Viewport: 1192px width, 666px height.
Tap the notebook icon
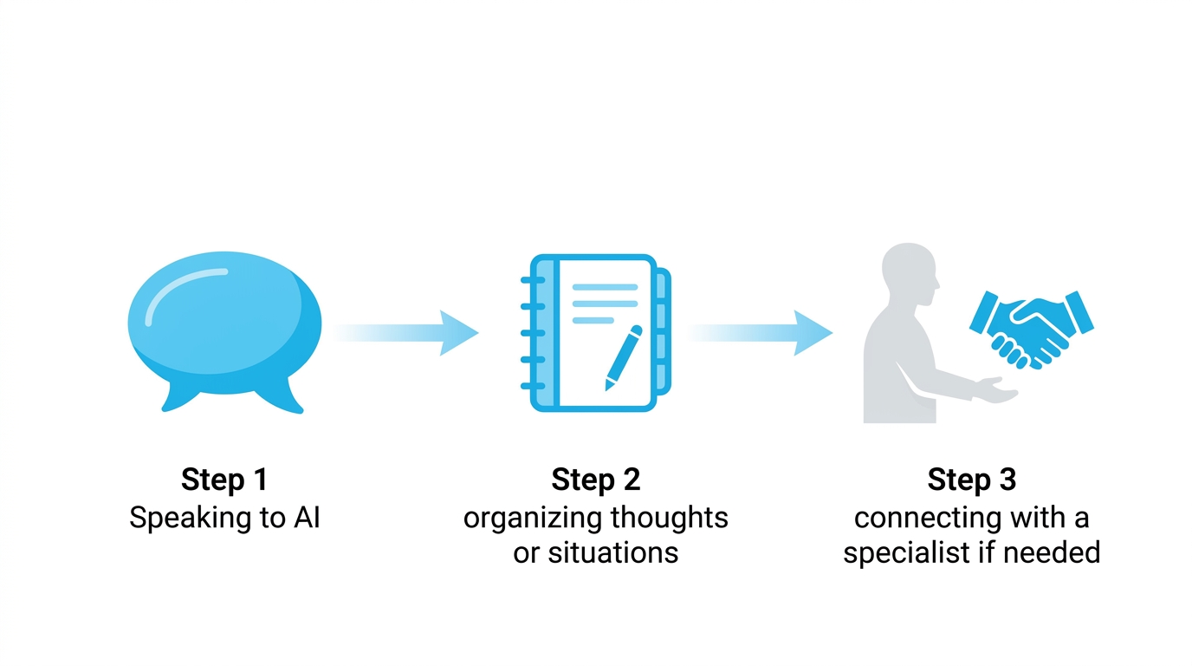596,333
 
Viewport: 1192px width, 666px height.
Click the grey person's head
910,274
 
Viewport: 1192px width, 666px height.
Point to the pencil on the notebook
624,358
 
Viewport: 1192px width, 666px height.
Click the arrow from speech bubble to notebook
406,333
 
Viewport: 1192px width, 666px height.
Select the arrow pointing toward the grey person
760,333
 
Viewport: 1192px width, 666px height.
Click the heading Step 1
224,480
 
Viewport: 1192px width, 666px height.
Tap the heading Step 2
596,480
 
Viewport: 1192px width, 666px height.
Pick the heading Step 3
972,480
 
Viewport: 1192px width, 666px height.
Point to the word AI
307,518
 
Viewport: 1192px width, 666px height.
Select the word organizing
532,519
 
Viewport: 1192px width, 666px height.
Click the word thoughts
669,518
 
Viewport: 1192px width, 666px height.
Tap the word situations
613,552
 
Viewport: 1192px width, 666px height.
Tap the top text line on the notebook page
605,287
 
